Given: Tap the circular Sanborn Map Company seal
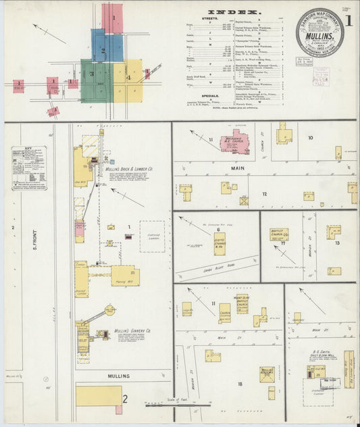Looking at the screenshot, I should pyautogui.click(x=319, y=32).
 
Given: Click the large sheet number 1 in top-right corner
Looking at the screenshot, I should pyautogui.click(x=348, y=20).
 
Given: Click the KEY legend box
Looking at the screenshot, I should pyautogui.click(x=28, y=168).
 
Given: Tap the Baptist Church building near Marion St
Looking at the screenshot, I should pyautogui.click(x=279, y=234).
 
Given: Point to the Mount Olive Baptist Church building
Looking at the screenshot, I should pyautogui.click(x=242, y=303).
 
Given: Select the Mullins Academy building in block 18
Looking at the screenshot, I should pyautogui.click(x=266, y=374).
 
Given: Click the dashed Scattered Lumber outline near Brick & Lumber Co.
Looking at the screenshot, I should pyautogui.click(x=152, y=236).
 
